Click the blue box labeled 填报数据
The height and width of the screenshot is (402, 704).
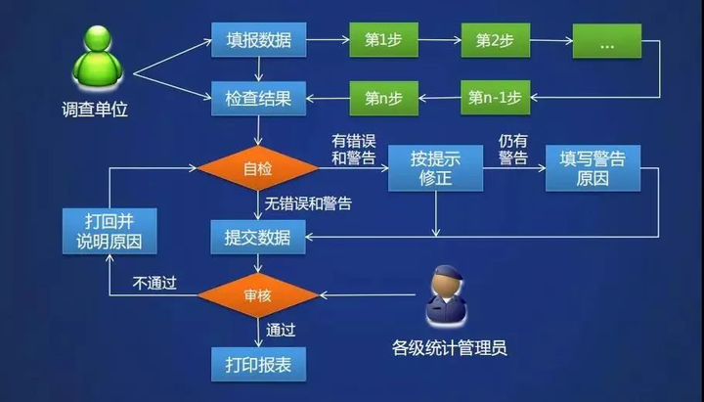point(258,40)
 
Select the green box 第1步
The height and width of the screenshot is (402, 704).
point(384,40)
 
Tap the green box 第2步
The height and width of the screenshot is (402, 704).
point(495,40)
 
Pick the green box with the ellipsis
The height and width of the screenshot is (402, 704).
point(606,41)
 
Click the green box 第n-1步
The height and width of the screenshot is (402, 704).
point(495,98)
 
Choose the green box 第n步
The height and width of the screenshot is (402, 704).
point(384,98)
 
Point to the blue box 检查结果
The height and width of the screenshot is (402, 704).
point(258,99)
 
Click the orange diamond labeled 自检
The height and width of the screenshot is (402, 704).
point(258,168)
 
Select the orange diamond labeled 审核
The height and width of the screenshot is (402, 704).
point(258,295)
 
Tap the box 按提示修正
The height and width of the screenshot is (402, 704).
point(435,168)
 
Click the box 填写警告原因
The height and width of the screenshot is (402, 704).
point(593,168)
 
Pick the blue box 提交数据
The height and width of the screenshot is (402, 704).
point(258,237)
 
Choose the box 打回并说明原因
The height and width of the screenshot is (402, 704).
point(110,231)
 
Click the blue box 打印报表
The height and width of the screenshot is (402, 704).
point(258,364)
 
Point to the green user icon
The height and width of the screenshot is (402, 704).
point(98,57)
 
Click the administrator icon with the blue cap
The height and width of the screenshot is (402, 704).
point(447,294)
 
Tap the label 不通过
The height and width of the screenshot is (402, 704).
point(154,283)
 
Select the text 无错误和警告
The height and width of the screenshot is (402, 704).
point(308,203)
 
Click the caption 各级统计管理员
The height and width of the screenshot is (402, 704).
point(450,348)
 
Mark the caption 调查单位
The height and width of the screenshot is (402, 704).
point(95,110)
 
